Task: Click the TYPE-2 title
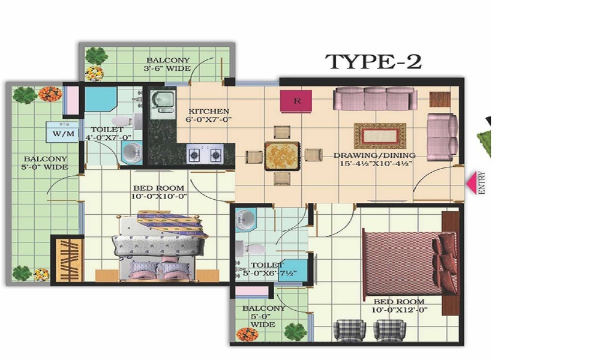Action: point(373,61)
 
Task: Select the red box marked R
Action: point(296,101)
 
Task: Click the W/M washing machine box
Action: point(64,133)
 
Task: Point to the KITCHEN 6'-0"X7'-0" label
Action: point(209,115)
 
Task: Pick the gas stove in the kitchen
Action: point(205,155)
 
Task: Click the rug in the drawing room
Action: point(380,136)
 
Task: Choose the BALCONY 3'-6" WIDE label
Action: point(169,64)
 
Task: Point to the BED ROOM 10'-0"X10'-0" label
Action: point(160,192)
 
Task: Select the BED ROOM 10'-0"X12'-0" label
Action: point(399,306)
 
